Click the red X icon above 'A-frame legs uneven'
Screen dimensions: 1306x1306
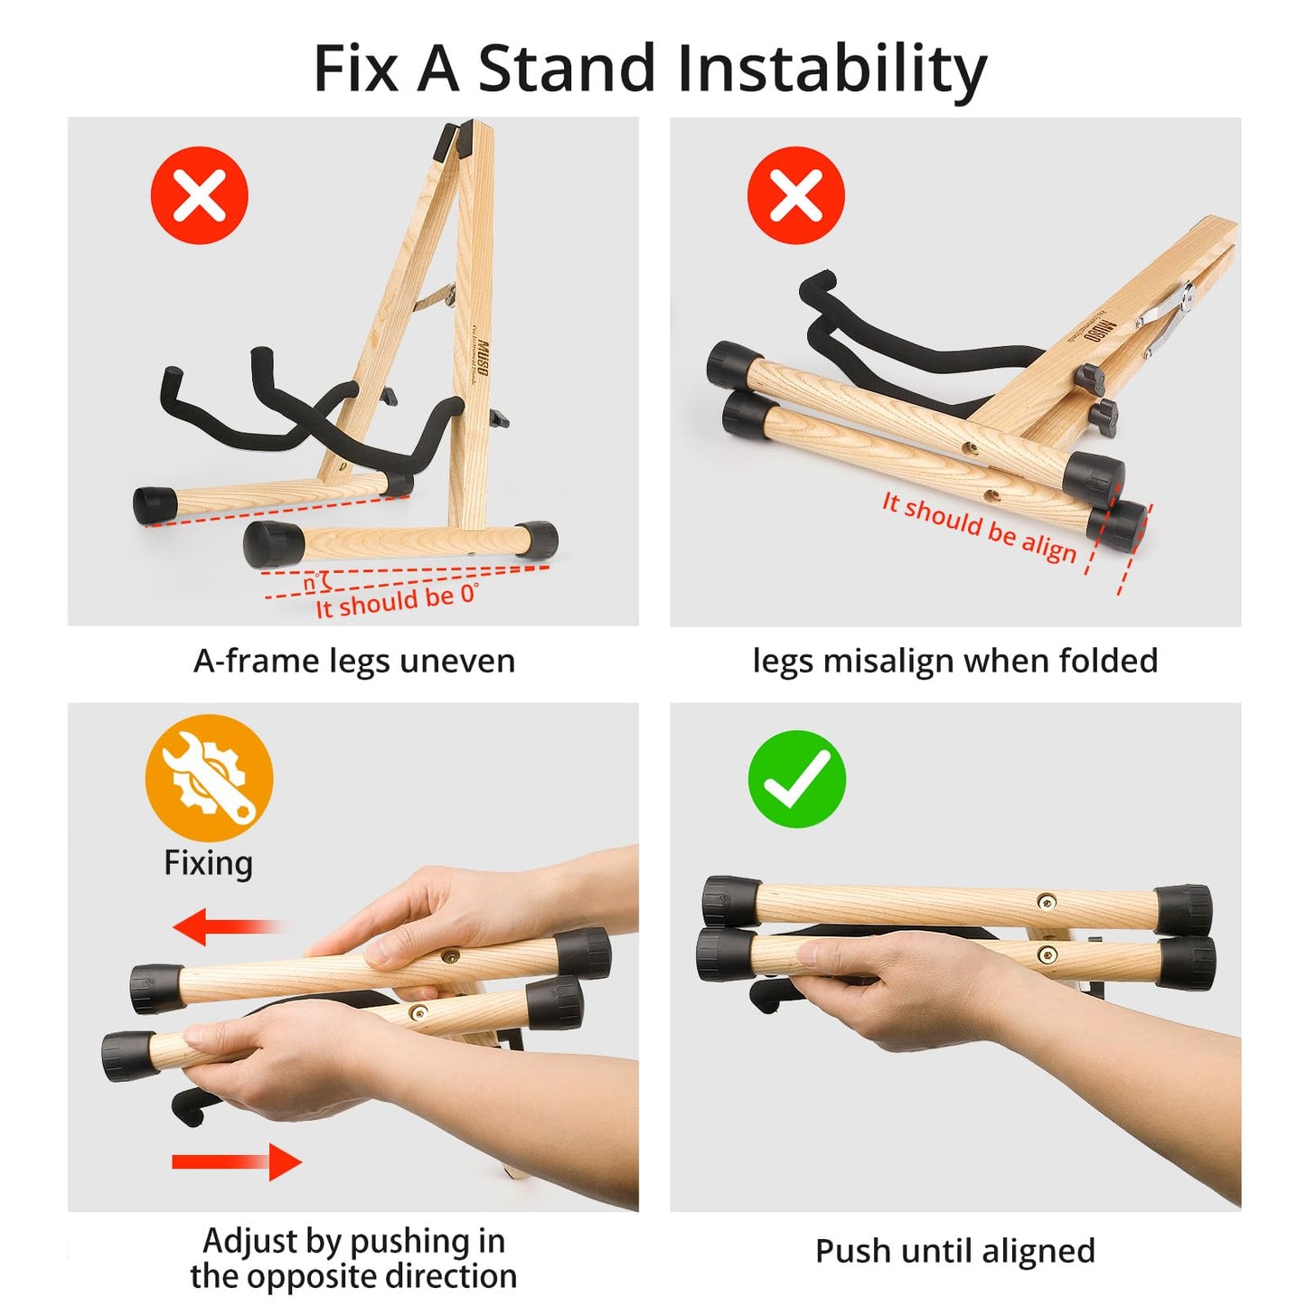click(200, 196)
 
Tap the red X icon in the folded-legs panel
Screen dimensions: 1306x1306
click(796, 196)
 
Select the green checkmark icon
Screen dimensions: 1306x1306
click(796, 779)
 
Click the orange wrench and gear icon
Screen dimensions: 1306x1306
click(209, 778)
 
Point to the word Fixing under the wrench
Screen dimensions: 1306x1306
click(208, 863)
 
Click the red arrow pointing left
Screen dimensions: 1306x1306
click(226, 927)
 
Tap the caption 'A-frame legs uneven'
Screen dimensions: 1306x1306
click(354, 662)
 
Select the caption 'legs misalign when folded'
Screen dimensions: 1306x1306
click(954, 662)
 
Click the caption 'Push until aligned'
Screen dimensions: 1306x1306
click(954, 1252)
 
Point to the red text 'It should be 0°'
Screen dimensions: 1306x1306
click(396, 600)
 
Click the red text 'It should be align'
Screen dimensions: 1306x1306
click(979, 528)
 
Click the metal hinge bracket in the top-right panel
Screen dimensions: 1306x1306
click(1166, 312)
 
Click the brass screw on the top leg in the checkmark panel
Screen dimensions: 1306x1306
click(1048, 900)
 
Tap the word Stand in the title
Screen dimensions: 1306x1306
click(567, 70)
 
